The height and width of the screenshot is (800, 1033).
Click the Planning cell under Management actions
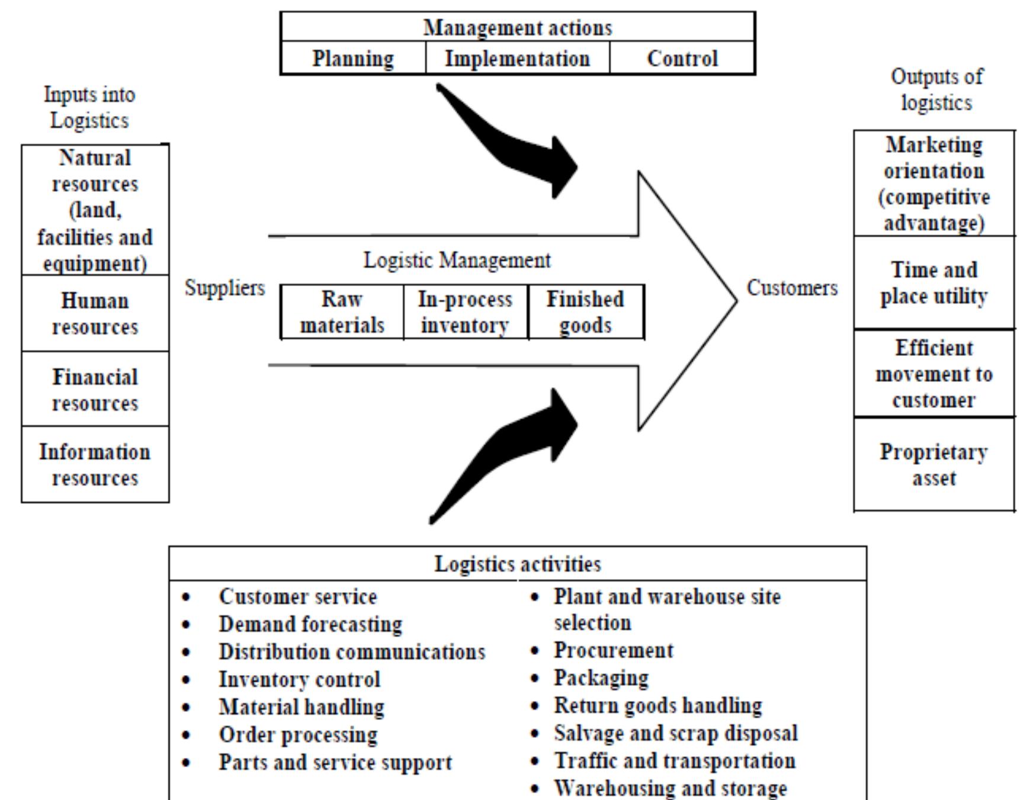353,58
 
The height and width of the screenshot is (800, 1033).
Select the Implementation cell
517,58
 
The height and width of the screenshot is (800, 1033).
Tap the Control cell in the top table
682,58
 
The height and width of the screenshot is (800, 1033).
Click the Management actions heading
517,27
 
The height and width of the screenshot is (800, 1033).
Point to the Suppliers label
224,288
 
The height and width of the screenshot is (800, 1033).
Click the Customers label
792,288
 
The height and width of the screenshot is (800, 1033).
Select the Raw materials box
342,312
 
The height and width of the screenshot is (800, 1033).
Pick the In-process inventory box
465,312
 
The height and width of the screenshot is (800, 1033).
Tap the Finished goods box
585,312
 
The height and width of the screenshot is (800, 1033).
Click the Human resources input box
95,313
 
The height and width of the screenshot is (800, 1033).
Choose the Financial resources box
95,389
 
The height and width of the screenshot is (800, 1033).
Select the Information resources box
95,464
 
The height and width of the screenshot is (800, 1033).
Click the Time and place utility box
933,282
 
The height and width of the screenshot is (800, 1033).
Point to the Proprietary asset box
933,464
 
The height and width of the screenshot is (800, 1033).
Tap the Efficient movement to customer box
933,374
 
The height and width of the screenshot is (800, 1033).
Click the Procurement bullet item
613,650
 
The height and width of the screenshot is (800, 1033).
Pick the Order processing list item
298,734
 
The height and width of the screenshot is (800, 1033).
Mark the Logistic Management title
457,260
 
